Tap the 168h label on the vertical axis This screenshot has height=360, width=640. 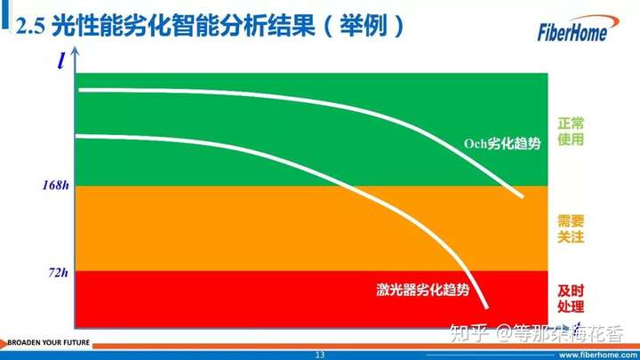(56, 185)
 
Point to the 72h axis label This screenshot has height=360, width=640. (59, 272)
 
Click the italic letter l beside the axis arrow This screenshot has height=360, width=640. (61, 61)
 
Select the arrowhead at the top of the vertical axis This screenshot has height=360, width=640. (75, 52)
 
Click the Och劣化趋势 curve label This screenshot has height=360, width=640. (502, 144)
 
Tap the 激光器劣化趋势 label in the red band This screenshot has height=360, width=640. (423, 290)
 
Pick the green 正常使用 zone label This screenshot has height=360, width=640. (571, 131)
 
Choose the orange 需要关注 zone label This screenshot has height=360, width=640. (571, 229)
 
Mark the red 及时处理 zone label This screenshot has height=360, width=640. (571, 299)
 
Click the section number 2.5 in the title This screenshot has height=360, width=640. (30, 26)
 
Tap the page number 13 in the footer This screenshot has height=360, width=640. (320, 355)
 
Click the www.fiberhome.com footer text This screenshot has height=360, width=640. (599, 355)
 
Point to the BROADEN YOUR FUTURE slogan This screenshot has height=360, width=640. (49, 342)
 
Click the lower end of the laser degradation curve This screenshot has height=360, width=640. (486, 307)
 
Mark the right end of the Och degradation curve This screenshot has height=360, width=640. (521, 196)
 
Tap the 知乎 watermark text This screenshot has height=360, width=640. (469, 333)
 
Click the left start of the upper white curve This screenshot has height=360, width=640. (80, 90)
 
